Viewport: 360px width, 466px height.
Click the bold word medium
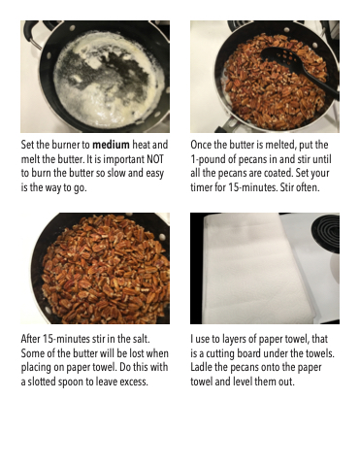click(111, 145)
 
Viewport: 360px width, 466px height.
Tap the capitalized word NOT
click(155, 159)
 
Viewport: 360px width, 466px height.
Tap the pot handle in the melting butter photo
click(32, 32)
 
